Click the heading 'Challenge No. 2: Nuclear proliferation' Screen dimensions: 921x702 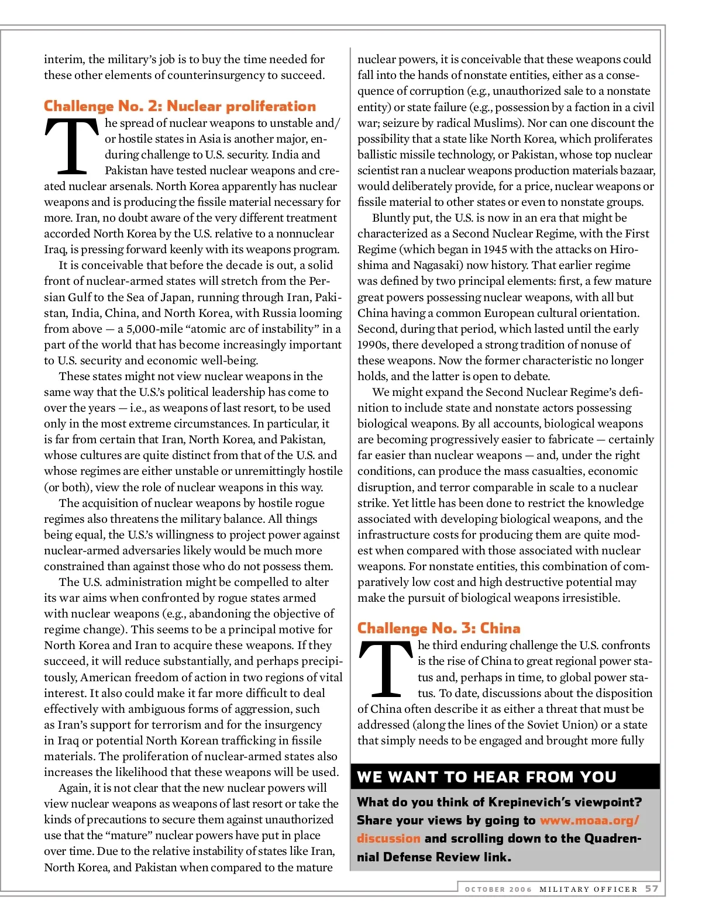click(x=180, y=106)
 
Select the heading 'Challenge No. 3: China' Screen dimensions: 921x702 click(x=439, y=629)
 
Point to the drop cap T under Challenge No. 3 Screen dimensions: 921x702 click(x=386, y=669)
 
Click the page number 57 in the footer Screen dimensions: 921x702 click(x=652, y=889)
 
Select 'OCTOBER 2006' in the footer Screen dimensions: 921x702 click(x=498, y=889)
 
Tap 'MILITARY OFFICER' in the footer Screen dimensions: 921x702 click(x=589, y=889)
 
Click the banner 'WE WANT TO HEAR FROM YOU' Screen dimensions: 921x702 click(x=487, y=777)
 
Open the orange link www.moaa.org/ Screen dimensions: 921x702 click(x=590, y=820)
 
